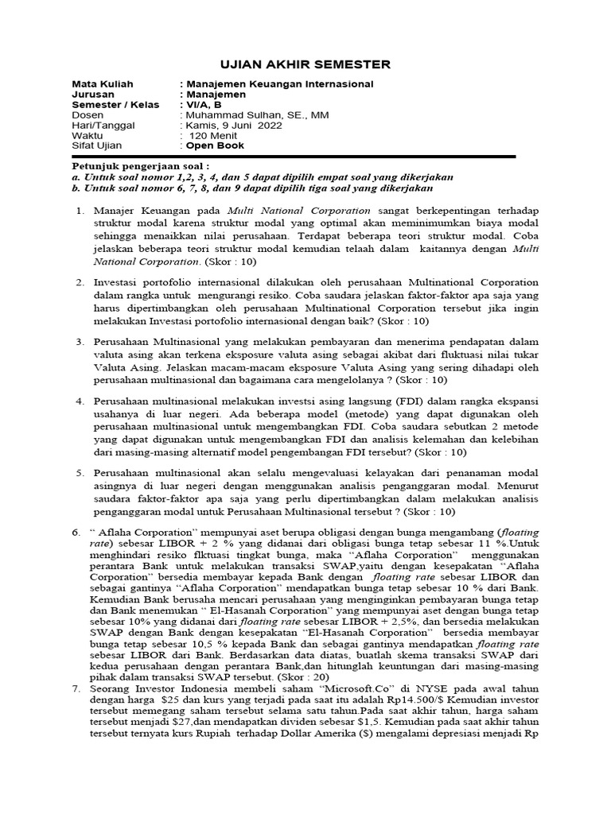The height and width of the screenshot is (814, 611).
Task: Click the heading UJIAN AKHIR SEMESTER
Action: coord(305,64)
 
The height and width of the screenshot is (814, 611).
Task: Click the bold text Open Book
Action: coord(215,146)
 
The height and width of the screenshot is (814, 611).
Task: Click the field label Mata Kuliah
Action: coord(103,84)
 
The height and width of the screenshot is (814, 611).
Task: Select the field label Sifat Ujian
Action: coord(99,146)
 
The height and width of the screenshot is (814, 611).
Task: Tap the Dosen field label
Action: coord(88,115)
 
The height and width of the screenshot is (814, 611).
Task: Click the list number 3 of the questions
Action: coord(80,341)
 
